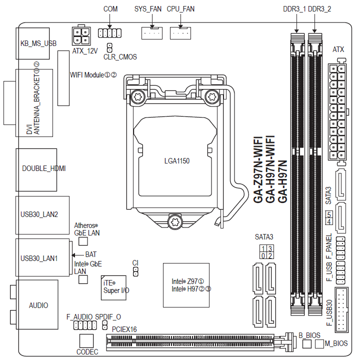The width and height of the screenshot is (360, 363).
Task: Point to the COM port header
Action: [110, 33]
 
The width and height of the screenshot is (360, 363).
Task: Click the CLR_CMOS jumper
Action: [109, 48]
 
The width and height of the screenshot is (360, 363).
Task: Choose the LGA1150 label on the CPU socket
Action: [177, 161]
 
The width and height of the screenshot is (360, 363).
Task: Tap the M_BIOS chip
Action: [320, 344]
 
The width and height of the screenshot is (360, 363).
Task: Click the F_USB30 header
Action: [343, 310]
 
